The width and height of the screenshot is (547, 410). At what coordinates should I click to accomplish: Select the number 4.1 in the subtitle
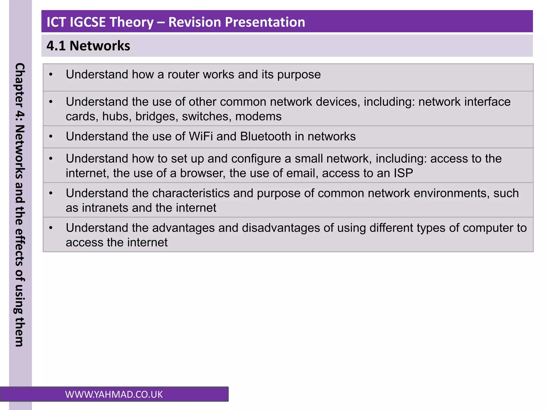coord(56,46)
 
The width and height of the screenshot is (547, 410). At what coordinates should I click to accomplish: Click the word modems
coord(258,117)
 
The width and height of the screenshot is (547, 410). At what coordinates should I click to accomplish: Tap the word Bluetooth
coord(265,136)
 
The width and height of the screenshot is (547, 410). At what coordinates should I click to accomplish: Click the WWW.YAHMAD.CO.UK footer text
coord(114,395)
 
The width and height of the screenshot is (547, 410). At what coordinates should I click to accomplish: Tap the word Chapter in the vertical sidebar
coord(20,85)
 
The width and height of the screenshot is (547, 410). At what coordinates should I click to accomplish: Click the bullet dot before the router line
coord(51,74)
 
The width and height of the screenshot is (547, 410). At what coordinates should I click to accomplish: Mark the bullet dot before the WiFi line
coord(51,137)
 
